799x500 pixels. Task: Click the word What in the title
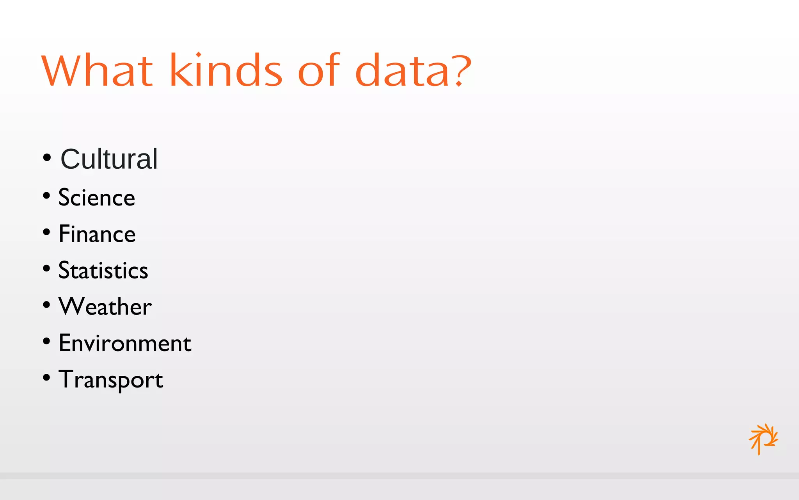97,70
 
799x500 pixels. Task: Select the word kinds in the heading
226,70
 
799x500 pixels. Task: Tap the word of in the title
319,70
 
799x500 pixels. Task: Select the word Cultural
109,159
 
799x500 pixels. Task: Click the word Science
97,197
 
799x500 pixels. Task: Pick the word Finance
97,234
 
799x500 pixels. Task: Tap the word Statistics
103,270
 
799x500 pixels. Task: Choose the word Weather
105,307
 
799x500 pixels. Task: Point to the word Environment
125,343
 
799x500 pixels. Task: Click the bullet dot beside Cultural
47,158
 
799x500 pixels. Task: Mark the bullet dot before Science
47,196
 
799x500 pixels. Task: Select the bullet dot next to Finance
47,232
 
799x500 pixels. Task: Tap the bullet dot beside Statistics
47,269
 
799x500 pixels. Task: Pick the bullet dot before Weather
47,305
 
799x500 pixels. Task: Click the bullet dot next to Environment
47,341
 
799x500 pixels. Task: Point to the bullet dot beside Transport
47,378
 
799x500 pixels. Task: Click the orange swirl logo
763,439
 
